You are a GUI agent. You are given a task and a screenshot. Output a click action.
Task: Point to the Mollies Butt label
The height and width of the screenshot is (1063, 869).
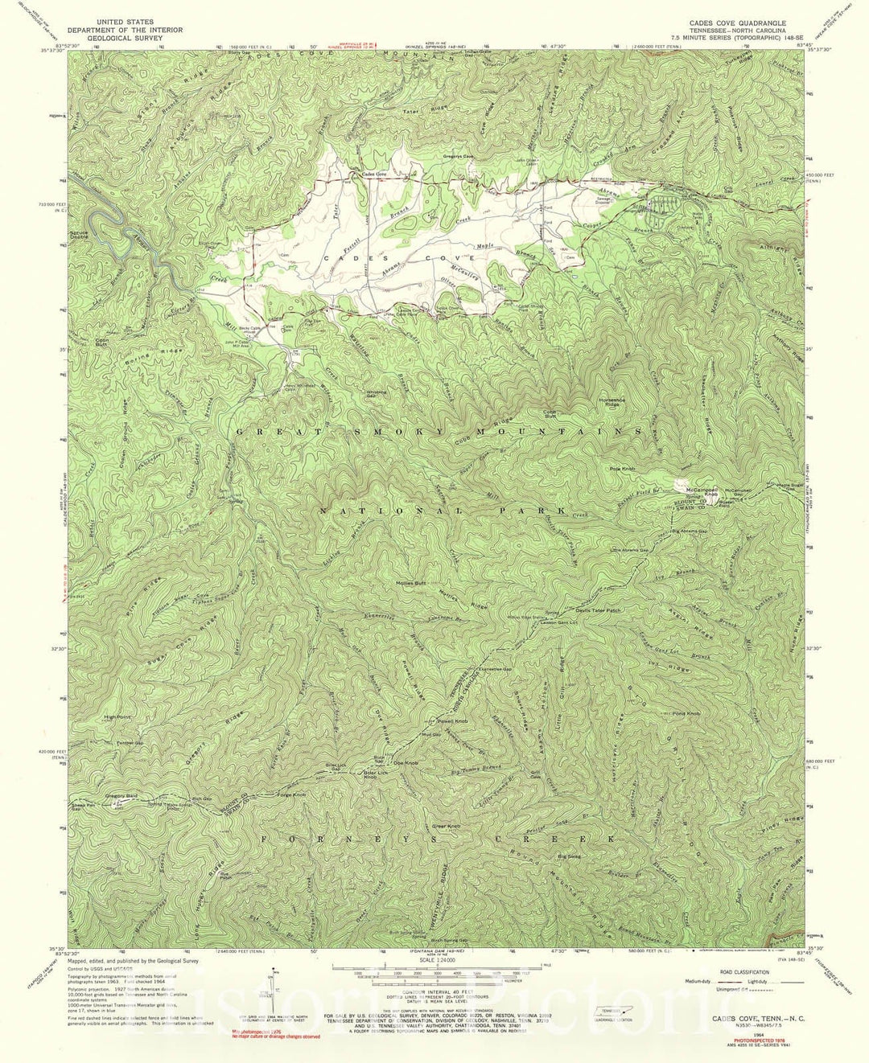[410, 584]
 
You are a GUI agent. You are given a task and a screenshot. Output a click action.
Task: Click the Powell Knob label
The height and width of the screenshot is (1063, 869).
[452, 721]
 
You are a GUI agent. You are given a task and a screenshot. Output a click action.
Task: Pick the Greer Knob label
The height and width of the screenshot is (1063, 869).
[446, 826]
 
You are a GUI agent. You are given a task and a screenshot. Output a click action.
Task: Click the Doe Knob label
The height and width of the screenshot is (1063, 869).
[405, 762]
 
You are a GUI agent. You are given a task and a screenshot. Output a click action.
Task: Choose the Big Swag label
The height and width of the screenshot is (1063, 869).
[568, 857]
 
